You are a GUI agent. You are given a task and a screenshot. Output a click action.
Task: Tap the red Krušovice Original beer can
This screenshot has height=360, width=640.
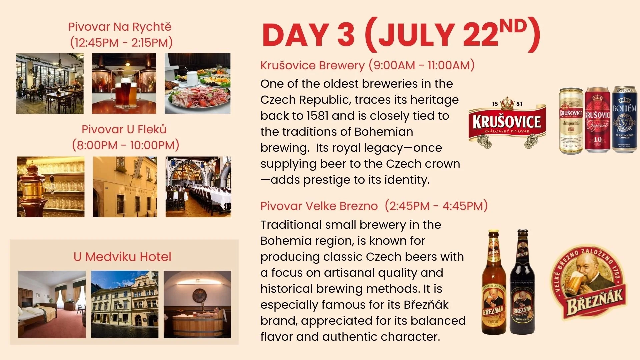point(598,120)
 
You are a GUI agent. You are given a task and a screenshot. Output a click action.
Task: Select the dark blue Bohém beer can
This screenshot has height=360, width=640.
point(624,120)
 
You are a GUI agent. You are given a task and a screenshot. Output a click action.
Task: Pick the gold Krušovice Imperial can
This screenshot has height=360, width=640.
point(571,121)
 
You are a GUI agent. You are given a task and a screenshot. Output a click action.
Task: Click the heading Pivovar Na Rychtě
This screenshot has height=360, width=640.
point(120,27)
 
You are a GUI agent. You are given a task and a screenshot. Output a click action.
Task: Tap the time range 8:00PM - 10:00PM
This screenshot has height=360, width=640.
point(126,145)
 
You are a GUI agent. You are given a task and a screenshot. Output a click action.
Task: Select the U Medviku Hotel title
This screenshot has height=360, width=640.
point(122,257)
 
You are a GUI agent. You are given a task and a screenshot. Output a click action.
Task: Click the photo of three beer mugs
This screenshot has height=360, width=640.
point(124,84)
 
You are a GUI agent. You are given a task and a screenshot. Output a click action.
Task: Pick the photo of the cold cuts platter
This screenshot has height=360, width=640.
point(197,84)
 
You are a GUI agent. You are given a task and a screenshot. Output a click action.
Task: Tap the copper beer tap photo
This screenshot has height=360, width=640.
point(51,187)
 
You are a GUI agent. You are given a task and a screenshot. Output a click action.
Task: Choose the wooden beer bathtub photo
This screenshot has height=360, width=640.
point(197,304)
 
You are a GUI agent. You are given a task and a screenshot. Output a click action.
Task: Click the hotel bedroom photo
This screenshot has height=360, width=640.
point(52,304)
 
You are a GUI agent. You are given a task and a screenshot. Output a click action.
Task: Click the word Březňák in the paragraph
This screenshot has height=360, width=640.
point(426,305)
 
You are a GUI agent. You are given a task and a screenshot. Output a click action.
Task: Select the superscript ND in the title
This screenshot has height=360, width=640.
point(513,26)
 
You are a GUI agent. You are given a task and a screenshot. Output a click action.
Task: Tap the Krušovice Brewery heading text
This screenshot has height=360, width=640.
point(312,65)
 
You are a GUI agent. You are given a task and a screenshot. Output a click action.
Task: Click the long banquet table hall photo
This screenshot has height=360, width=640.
point(198,187)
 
